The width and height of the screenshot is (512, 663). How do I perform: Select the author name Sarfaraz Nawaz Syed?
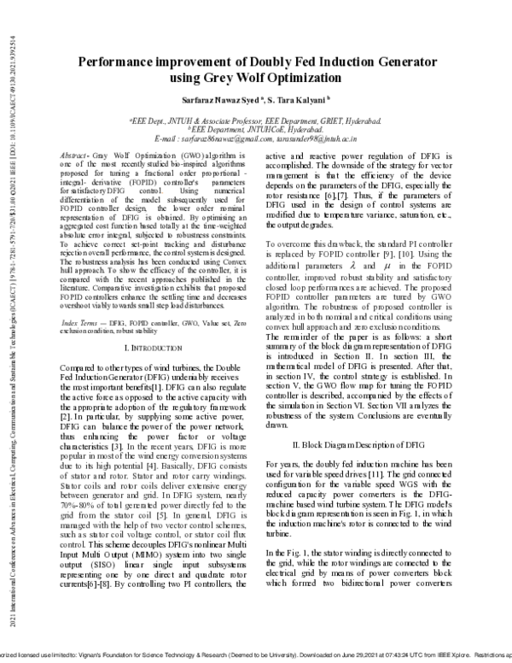(x=225, y=99)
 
